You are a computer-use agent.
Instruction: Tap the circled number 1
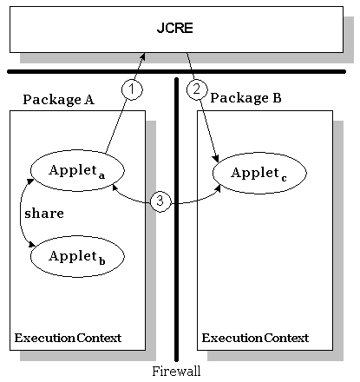[x=130, y=89]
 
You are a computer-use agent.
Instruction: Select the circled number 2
[x=197, y=89]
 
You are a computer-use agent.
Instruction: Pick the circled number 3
[x=160, y=201]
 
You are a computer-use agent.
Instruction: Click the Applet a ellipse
[x=75, y=169]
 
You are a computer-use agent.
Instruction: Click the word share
[x=43, y=212]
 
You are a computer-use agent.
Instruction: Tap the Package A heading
[x=58, y=99]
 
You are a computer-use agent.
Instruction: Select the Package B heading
[x=246, y=99]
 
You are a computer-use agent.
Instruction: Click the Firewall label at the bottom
[x=176, y=370]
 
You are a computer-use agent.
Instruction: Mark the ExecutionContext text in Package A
[x=68, y=336]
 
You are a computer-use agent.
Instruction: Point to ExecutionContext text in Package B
[x=255, y=336]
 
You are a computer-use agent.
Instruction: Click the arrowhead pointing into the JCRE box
[x=142, y=56]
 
